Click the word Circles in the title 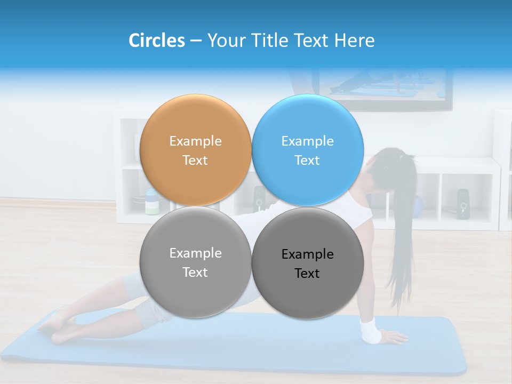pos(156,41)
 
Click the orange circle pos(195,150)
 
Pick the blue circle pos(308,150)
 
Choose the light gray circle pos(195,262)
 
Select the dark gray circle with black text pos(308,263)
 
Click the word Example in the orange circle pos(195,141)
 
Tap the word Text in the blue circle pos(307,160)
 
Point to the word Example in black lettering pos(307,254)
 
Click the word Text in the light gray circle pos(195,272)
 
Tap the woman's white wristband pos(370,330)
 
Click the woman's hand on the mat pos(394,337)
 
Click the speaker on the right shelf pos(462,203)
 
